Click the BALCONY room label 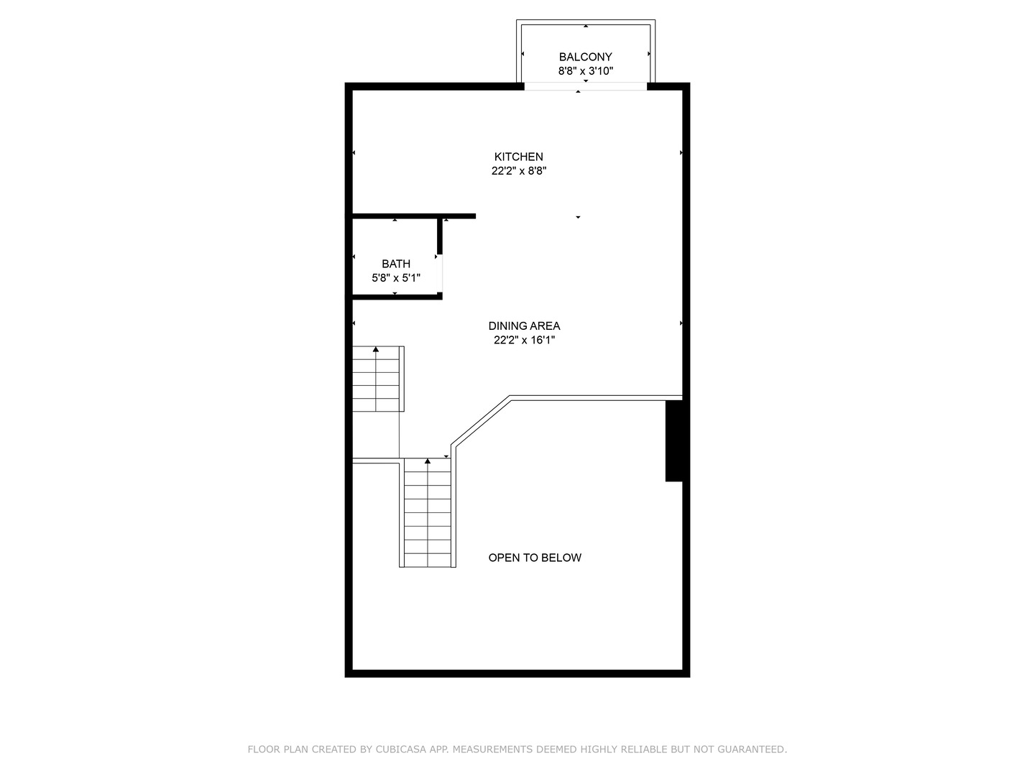(x=585, y=57)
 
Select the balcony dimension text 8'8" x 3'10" (x=585, y=71)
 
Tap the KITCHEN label (x=518, y=157)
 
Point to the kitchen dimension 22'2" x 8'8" (x=518, y=171)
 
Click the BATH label (x=396, y=264)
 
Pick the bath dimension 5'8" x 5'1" (x=396, y=277)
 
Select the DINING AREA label (x=524, y=325)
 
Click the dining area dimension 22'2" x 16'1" (x=524, y=340)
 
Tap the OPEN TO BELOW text (x=535, y=558)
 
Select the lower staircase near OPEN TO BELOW (x=428, y=514)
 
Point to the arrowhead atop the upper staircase (x=376, y=349)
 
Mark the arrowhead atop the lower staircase (x=428, y=461)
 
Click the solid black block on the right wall (x=673, y=440)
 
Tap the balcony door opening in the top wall (x=585, y=86)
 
